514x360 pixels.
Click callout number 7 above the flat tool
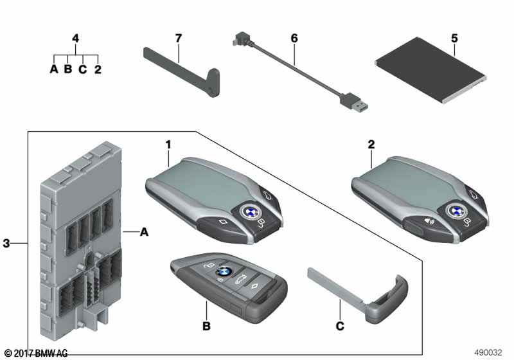[x=179, y=39]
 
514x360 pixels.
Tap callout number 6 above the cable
[x=294, y=39]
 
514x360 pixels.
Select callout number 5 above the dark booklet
[x=454, y=39]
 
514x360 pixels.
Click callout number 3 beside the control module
[x=6, y=243]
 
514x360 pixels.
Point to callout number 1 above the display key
[x=168, y=145]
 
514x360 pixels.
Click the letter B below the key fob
[x=206, y=326]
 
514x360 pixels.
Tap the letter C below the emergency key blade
[x=341, y=326]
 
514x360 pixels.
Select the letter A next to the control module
[x=144, y=232]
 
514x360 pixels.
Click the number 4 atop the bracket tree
[x=75, y=39]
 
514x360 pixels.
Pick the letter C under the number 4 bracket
[x=83, y=69]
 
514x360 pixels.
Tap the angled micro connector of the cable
[x=240, y=39]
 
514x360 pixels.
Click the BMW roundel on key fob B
[x=224, y=271]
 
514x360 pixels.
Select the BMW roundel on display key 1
[x=250, y=212]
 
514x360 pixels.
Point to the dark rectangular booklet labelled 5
[x=430, y=70]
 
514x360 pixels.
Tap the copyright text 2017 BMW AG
[x=36, y=353]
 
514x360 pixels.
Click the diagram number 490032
[x=488, y=352]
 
